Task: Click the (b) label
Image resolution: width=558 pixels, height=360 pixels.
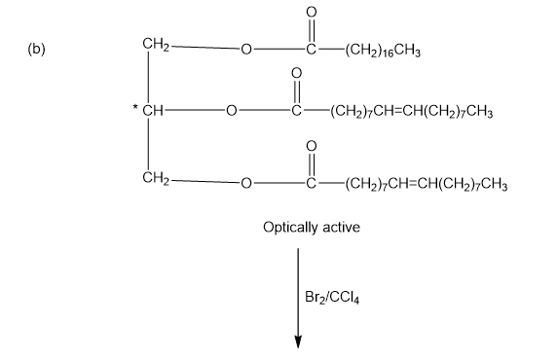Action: [x=36, y=49]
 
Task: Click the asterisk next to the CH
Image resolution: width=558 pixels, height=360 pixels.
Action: [x=135, y=106]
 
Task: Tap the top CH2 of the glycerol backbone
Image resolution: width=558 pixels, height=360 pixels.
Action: [x=156, y=45]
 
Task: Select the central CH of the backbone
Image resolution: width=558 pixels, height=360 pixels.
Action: [x=153, y=111]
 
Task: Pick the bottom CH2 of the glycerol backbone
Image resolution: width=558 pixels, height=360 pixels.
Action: [x=156, y=177]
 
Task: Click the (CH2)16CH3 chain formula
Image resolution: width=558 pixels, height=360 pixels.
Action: [x=383, y=51]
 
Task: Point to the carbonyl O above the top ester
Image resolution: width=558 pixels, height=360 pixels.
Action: [x=311, y=13]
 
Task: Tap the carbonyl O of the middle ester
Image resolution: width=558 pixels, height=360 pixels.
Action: [x=296, y=73]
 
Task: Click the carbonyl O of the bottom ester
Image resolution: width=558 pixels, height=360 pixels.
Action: [x=311, y=146]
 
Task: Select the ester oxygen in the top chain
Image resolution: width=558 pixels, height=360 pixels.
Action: [x=246, y=49]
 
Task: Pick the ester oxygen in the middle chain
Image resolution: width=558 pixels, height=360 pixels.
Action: [x=232, y=111]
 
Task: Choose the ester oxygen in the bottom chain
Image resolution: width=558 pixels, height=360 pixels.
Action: [x=246, y=183]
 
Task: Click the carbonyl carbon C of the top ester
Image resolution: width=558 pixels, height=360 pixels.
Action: [x=311, y=49]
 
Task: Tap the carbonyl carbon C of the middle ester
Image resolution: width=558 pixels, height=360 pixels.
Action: [x=296, y=111]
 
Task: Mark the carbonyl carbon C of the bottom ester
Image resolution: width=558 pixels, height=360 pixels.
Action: [x=311, y=183]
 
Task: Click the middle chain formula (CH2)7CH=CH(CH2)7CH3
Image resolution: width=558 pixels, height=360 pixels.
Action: [x=412, y=112]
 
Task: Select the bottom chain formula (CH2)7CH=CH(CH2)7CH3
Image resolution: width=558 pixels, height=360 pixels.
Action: [x=426, y=185]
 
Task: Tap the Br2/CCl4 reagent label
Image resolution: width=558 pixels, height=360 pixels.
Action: [x=332, y=298]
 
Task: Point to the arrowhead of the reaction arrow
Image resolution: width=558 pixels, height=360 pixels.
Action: [x=298, y=342]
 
